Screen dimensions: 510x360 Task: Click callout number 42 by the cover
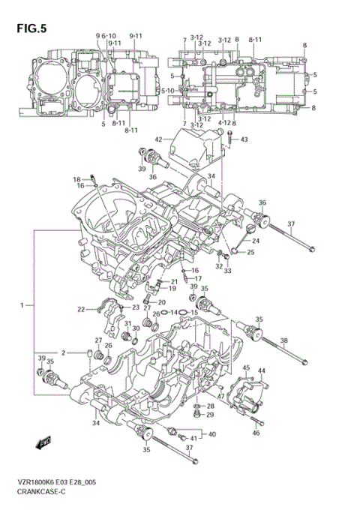159,139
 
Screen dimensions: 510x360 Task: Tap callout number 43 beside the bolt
243,139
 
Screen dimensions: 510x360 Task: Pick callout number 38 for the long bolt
283,341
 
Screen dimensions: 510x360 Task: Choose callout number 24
256,241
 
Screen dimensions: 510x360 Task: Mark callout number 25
251,253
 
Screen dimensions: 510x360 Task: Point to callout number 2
64,352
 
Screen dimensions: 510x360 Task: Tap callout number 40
212,434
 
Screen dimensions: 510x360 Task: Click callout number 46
256,433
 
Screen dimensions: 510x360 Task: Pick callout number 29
210,415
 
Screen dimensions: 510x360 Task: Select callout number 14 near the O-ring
174,312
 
